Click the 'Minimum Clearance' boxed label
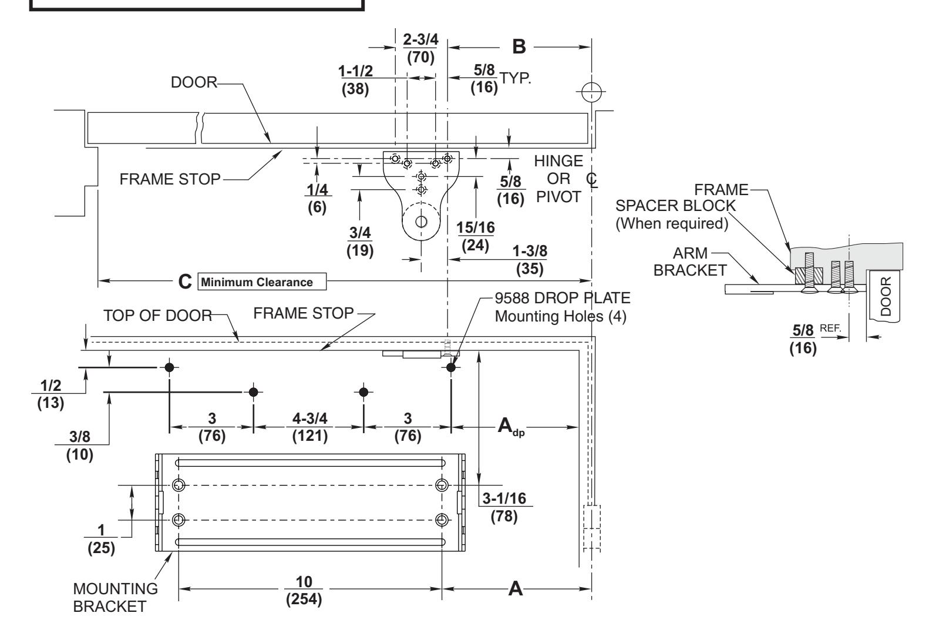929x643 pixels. [x=262, y=282]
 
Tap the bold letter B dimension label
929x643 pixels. [x=519, y=46]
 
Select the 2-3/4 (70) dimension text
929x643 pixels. [x=420, y=48]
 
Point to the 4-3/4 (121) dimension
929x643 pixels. [x=310, y=427]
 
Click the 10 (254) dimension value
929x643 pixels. [x=304, y=590]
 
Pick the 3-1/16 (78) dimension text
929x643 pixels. [x=504, y=507]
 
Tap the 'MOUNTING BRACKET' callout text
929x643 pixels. [x=115, y=598]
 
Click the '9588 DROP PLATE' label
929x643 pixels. [x=563, y=298]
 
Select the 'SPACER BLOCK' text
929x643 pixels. [x=675, y=206]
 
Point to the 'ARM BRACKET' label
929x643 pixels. [x=690, y=262]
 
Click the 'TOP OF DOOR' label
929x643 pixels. [x=157, y=316]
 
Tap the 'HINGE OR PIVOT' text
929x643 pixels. [x=558, y=179]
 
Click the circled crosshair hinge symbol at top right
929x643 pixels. [x=591, y=92]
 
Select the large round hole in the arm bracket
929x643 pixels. [x=422, y=222]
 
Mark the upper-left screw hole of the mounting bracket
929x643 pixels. [x=179, y=485]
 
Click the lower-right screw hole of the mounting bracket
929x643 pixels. [x=442, y=520]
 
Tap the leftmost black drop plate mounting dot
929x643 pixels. [x=169, y=367]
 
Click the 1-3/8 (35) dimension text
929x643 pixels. [x=530, y=260]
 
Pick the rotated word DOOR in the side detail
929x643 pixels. [x=885, y=296]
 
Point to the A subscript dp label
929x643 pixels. [x=511, y=427]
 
